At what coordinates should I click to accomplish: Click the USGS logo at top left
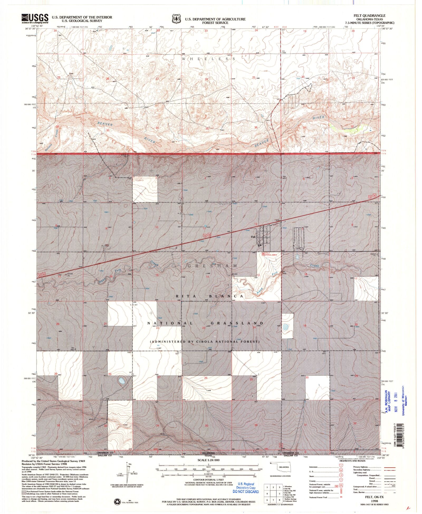point(35,18)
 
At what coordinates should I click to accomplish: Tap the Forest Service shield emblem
point(176,19)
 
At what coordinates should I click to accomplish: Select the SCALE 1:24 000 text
point(208,460)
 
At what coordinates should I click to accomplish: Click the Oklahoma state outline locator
point(281,467)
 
